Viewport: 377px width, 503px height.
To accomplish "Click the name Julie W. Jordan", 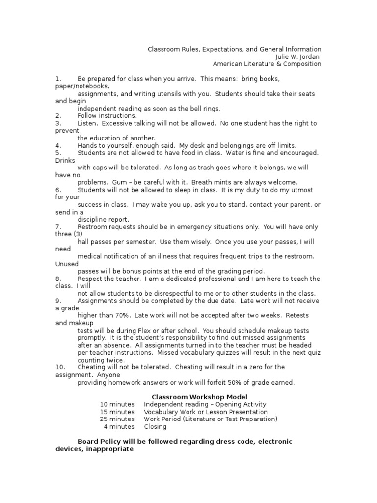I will click(x=298, y=56).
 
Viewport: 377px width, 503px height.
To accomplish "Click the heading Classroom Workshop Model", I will click(x=199, y=397).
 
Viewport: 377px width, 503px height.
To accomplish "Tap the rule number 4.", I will click(x=58, y=145).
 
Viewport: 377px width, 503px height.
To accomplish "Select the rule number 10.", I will click(x=60, y=367).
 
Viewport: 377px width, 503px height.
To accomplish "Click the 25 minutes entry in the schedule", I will click(x=117, y=419).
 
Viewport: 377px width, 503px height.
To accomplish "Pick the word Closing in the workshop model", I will click(x=155, y=426).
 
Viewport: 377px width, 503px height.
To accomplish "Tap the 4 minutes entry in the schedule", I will click(x=119, y=426).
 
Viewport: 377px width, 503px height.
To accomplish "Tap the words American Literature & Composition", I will click(x=267, y=64).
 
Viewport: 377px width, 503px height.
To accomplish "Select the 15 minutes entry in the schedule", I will click(x=117, y=412).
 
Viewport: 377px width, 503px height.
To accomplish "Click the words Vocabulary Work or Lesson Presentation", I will click(x=206, y=412).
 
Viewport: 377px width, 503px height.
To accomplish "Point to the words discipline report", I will click(x=103, y=220).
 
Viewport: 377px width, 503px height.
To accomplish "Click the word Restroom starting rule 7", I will click(x=93, y=227).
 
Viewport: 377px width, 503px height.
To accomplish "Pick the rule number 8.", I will click(x=58, y=279).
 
